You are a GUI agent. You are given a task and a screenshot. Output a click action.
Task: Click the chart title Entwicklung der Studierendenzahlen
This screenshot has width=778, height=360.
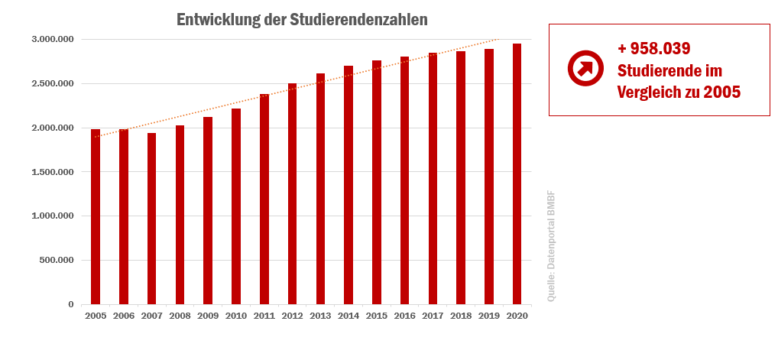point(302,20)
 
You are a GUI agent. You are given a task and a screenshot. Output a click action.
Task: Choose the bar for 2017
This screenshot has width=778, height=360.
point(433,179)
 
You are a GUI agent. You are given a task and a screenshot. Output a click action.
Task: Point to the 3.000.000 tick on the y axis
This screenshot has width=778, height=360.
point(53,39)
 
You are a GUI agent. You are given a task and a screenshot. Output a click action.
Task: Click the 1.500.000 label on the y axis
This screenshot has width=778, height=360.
point(53,172)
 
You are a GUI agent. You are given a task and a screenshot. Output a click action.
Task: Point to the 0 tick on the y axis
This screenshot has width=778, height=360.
point(71,304)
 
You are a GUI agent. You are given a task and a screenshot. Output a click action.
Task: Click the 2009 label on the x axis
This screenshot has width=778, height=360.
point(208,315)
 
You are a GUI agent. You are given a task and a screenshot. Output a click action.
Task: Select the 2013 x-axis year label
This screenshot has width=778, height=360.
point(320,315)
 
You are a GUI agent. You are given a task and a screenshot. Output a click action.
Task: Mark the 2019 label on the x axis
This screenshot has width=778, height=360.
point(489,315)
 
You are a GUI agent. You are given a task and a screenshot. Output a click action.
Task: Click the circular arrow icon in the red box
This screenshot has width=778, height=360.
point(585,68)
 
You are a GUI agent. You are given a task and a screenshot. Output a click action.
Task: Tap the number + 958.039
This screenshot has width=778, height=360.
point(654,49)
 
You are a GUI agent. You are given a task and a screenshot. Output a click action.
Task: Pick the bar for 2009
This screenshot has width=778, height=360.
point(208,211)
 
